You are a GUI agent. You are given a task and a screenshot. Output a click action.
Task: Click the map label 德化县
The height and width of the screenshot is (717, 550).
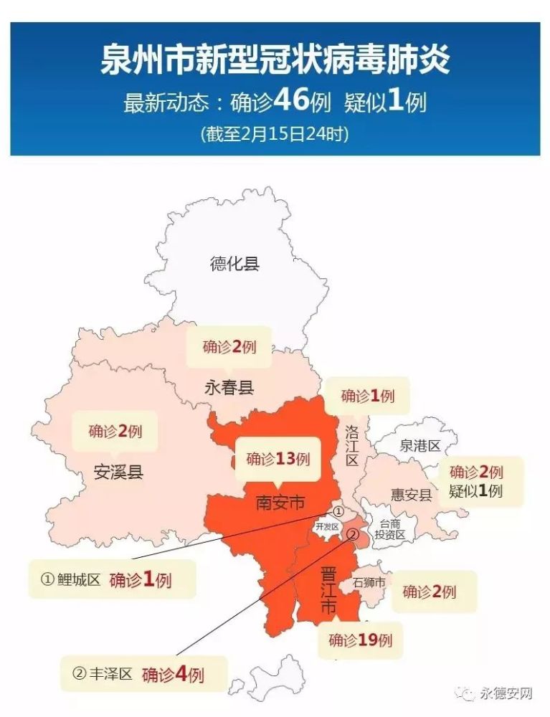coord(234,263)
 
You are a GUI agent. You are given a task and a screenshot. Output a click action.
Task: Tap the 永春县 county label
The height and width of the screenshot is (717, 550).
coord(229,389)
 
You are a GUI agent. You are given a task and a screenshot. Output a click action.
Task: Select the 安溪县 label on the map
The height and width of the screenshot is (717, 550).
coord(118,473)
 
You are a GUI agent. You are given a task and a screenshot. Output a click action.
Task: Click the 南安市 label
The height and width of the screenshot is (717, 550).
coord(280,503)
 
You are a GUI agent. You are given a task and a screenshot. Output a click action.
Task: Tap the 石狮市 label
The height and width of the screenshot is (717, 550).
coord(369,582)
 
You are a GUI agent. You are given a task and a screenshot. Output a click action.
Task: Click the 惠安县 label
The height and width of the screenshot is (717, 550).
coord(411,495)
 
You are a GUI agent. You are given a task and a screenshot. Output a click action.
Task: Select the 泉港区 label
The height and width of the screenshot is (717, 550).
coord(419,446)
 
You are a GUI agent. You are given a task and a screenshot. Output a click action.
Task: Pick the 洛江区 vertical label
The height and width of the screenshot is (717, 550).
coord(351,445)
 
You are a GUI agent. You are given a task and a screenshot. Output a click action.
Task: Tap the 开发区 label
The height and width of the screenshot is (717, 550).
coord(326,526)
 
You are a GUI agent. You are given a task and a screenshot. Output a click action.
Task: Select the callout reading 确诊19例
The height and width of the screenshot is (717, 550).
coord(361,640)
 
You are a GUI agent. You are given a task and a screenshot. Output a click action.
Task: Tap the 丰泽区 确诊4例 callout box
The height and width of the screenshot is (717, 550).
coord(143,674)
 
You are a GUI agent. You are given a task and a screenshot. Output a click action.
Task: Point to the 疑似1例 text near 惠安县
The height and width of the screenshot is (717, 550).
coord(476,491)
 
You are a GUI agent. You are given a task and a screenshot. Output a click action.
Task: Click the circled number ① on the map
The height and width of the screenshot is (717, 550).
coord(338,512)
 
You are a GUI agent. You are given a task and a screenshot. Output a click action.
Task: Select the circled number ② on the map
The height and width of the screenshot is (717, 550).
coord(352,534)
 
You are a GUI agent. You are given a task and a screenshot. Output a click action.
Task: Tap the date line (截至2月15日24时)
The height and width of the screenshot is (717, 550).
coord(275,134)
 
